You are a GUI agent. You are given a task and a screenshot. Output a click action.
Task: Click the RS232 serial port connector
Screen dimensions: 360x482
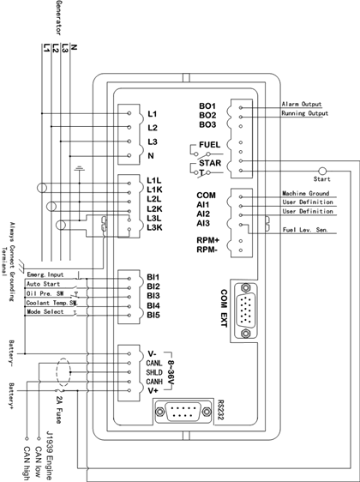tap(183, 412)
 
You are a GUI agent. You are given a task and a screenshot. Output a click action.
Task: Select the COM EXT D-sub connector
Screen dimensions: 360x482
tap(245, 310)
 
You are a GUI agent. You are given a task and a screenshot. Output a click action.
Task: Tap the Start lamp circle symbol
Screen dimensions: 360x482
tap(322, 171)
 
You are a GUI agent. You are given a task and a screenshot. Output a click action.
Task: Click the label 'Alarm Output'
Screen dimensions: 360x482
tap(302, 104)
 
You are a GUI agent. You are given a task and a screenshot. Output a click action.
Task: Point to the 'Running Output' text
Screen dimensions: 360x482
tap(304, 113)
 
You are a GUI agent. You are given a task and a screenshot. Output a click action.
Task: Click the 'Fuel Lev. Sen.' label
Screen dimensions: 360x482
tap(305, 230)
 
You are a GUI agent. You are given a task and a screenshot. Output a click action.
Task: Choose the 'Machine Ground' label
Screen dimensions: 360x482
tap(306, 193)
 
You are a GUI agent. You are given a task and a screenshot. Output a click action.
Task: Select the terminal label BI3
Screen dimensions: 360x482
tap(153, 296)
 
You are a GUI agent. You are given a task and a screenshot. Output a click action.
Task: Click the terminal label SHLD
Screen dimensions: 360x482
tap(154, 372)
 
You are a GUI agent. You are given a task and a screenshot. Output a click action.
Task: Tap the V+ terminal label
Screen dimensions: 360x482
tap(153, 391)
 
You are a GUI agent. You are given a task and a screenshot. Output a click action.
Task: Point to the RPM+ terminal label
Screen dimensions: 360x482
tap(207, 240)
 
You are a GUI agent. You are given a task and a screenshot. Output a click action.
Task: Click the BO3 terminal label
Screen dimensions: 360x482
tap(207, 125)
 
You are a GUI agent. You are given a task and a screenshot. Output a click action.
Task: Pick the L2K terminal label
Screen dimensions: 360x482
tap(154, 209)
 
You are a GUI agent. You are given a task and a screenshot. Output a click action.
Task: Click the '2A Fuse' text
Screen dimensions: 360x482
tap(59, 408)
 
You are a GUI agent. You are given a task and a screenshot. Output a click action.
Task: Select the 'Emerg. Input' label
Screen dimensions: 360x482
tap(45, 274)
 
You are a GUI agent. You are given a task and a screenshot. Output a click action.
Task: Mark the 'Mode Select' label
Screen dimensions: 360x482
tap(45, 311)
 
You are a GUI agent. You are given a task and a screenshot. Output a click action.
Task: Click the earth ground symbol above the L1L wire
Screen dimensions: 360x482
tap(79, 168)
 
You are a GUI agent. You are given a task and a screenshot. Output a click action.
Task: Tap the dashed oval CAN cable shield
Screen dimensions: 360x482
tap(63, 372)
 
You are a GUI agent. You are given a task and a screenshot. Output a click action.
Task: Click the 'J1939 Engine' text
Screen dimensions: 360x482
tap(49, 455)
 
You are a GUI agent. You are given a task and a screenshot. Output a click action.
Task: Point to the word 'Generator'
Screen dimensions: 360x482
tap(59, 17)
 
